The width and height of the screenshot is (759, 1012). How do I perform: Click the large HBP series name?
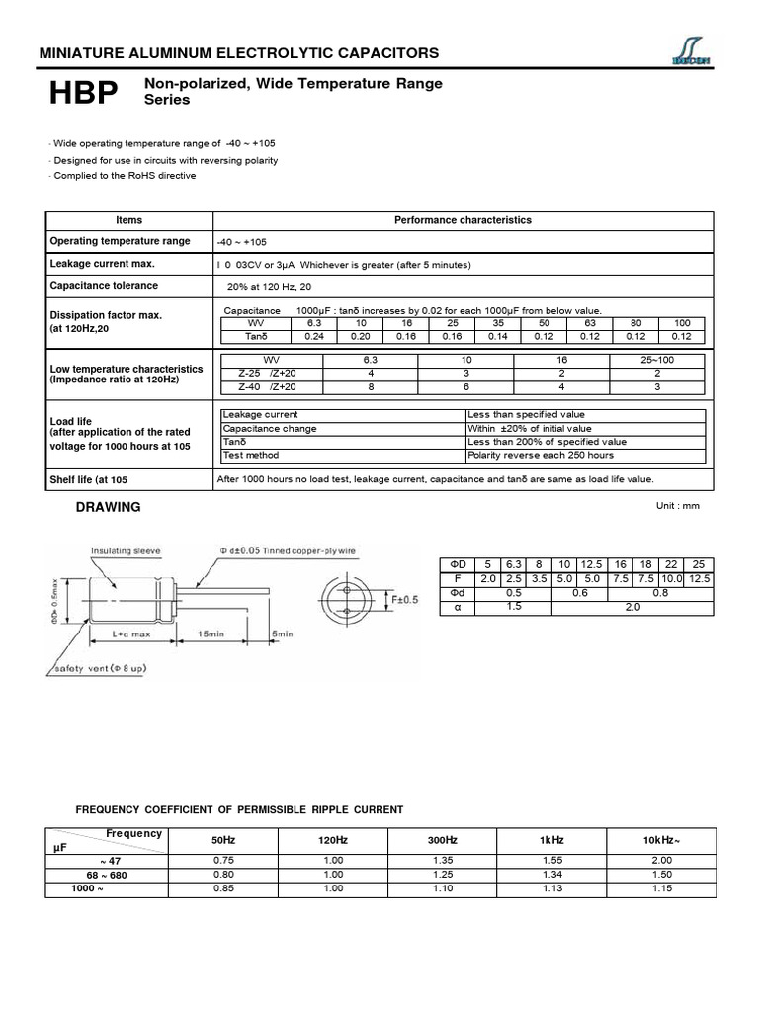pos(84,94)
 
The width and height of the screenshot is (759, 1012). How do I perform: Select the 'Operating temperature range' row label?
pos(120,242)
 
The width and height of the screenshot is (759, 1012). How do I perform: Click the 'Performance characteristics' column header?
pos(463,220)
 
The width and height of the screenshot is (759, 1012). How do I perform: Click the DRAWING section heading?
pos(109,507)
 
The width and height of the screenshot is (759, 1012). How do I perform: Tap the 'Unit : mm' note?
pos(677,505)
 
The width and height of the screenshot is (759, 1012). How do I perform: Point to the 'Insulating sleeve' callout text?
pos(126,550)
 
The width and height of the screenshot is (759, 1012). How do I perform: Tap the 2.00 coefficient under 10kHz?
pos(661,861)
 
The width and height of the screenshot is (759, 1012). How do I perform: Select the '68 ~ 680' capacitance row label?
pos(105,875)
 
